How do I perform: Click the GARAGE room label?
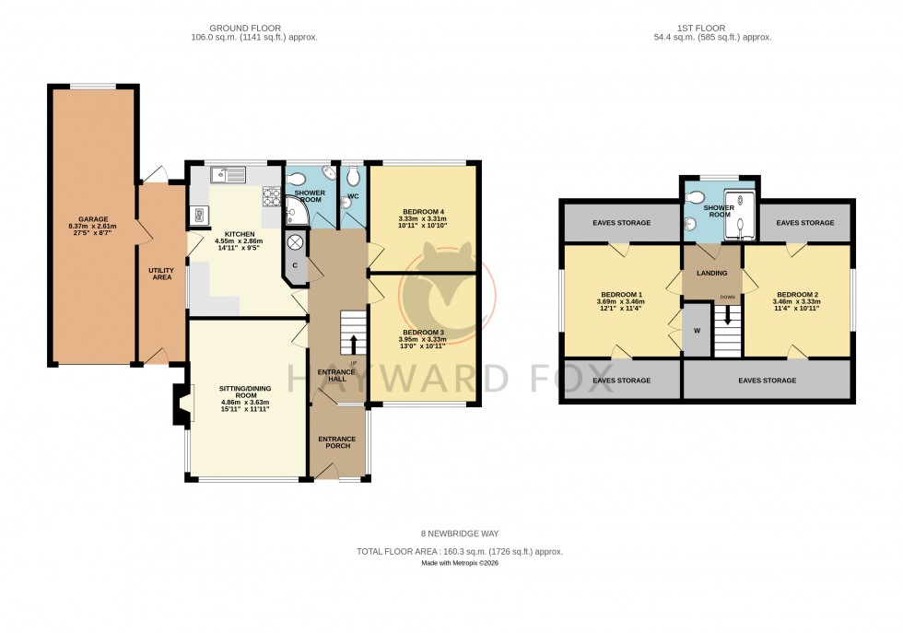pyautogui.click(x=94, y=219)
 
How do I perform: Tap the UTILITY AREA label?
pyautogui.click(x=161, y=274)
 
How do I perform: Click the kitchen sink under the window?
pyautogui.click(x=220, y=174)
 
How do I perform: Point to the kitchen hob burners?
pyautogui.click(x=272, y=195)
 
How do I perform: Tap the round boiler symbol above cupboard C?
pyautogui.click(x=296, y=242)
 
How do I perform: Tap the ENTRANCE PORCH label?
pyautogui.click(x=336, y=443)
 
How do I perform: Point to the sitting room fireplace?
pyautogui.click(x=182, y=403)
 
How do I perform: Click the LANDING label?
pyautogui.click(x=712, y=273)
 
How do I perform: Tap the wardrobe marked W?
pyautogui.click(x=697, y=331)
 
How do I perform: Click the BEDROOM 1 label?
pyautogui.click(x=620, y=294)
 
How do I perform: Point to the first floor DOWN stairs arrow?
pyautogui.click(x=728, y=316)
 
